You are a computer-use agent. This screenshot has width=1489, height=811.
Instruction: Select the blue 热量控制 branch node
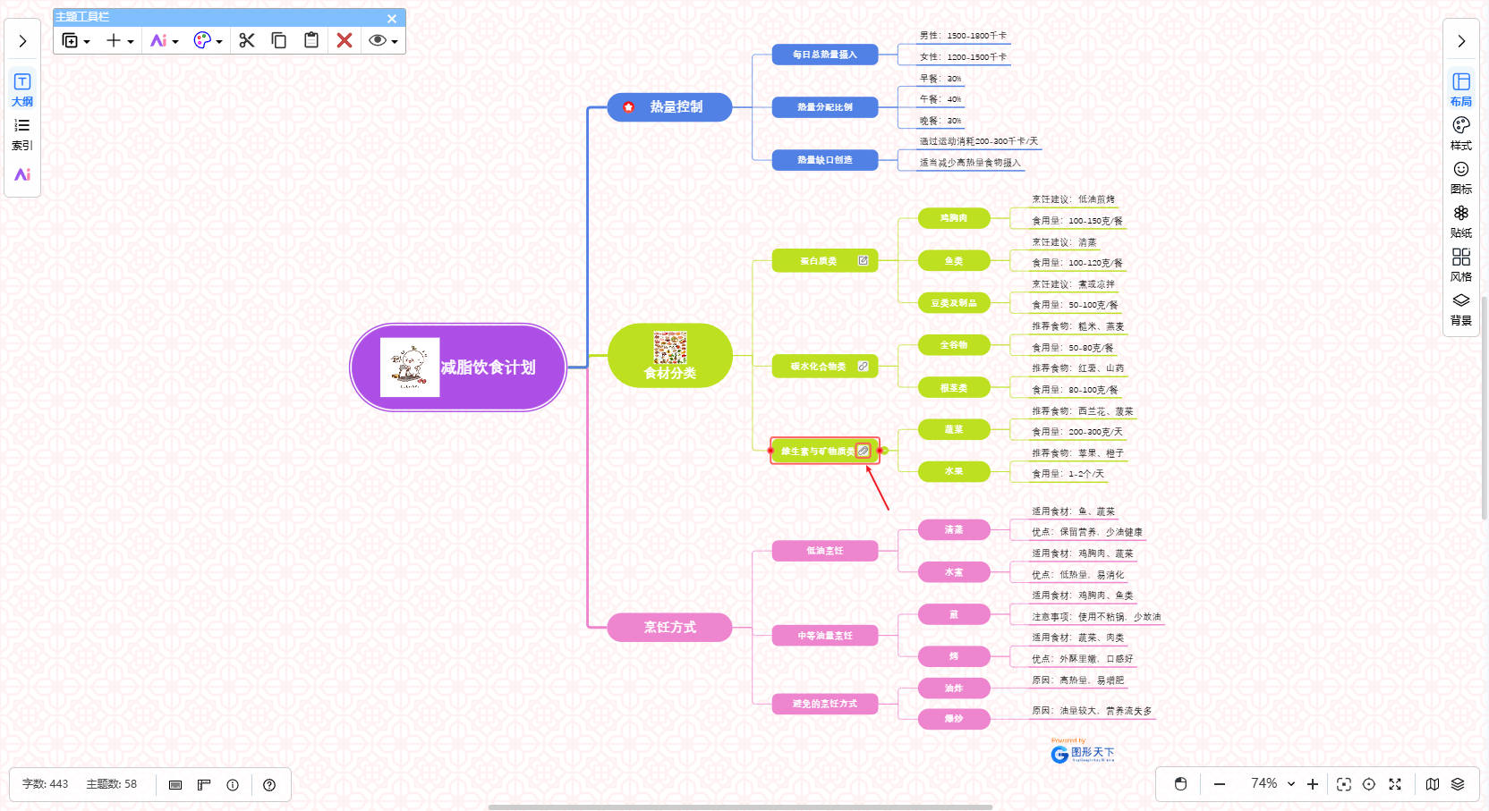tap(670, 107)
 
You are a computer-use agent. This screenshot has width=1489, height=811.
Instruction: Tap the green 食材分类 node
tap(670, 356)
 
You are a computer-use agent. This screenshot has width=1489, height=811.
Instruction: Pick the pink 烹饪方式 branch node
tap(670, 627)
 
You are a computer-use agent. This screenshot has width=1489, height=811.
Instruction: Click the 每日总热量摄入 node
tap(824, 55)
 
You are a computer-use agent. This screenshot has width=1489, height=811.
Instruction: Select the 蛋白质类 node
tap(819, 261)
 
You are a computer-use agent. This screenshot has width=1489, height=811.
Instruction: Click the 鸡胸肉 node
tap(954, 218)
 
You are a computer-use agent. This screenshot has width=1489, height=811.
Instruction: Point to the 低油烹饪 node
tap(824, 551)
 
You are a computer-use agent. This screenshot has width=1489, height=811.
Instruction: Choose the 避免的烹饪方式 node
tap(824, 704)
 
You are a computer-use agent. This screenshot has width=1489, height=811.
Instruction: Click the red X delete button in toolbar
tap(345, 40)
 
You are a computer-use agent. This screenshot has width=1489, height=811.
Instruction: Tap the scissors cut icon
tap(247, 40)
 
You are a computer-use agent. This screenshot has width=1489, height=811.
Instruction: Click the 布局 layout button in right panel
tap(1461, 89)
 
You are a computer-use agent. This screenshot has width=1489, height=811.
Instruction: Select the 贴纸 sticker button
tap(1461, 221)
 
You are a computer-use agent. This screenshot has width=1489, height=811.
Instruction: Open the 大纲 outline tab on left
tap(22, 89)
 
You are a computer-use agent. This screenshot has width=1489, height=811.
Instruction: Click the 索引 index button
tap(22, 133)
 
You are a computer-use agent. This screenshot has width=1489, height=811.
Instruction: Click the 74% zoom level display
tap(1264, 783)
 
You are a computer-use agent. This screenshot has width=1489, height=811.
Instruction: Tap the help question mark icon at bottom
tap(269, 785)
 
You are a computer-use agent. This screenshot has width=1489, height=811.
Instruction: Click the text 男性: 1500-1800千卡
tap(963, 36)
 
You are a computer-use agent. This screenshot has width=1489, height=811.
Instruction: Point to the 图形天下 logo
tap(1083, 753)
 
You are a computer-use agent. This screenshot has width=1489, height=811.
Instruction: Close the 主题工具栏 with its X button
tap(392, 18)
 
